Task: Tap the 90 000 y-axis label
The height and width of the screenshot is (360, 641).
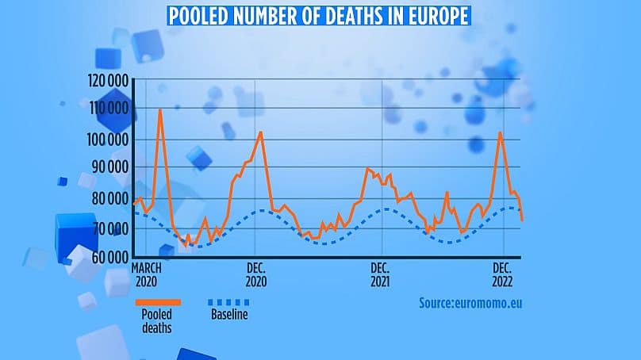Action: click(x=110, y=169)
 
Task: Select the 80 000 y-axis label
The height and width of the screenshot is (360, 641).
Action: click(x=110, y=198)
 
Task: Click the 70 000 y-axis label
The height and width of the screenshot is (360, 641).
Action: click(x=110, y=228)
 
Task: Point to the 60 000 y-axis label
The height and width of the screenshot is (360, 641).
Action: click(x=110, y=257)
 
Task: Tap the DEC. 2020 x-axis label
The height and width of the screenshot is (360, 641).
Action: click(x=257, y=274)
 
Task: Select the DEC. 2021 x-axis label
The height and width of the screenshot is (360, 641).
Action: click(x=381, y=274)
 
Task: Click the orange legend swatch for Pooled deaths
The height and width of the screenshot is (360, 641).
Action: click(x=158, y=302)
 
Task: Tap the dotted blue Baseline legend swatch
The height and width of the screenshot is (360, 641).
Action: click(x=228, y=302)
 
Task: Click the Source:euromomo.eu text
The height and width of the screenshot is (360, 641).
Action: click(x=471, y=302)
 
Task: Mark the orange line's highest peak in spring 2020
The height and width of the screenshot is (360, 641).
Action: click(x=159, y=109)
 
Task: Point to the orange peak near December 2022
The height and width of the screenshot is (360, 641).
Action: click(x=500, y=132)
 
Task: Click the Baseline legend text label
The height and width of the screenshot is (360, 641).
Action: click(x=228, y=316)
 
